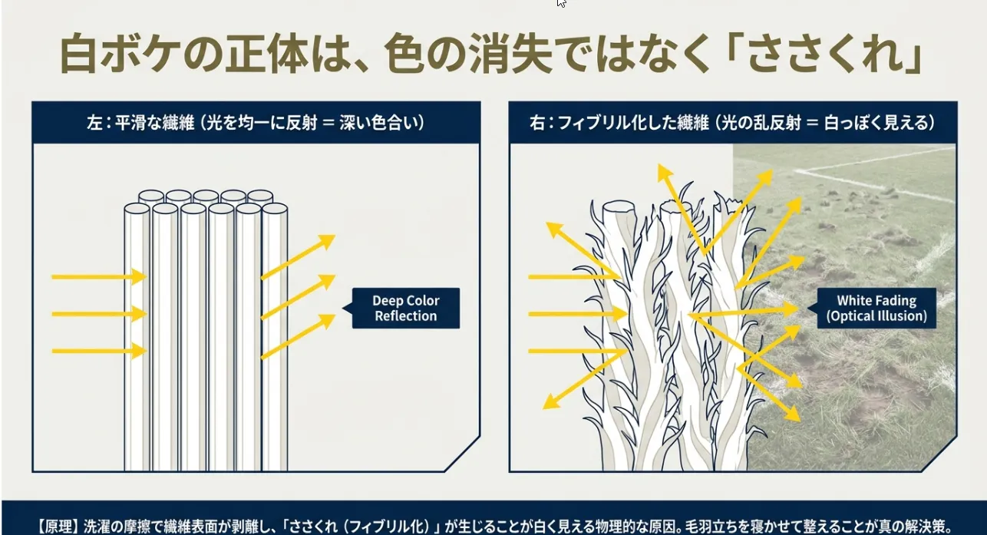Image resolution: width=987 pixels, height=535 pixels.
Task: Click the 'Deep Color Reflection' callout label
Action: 405,308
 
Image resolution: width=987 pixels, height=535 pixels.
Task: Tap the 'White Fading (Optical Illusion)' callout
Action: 876,308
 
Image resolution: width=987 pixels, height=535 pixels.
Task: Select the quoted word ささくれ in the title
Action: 824,54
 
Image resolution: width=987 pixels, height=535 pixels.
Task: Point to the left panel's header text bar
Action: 256,123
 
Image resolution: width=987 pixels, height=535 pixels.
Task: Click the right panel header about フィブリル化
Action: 733,123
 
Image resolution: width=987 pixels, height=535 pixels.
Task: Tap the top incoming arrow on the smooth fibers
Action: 99,277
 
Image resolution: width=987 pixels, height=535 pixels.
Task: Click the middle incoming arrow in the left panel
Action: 99,314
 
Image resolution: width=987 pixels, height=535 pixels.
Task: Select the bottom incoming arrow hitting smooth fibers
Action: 99,351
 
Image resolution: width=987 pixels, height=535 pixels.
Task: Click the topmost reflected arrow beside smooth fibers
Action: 298,257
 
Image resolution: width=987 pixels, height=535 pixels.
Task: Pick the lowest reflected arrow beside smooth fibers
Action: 298,336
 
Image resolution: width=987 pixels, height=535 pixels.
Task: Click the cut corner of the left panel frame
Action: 462,454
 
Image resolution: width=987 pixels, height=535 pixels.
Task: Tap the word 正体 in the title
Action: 266,53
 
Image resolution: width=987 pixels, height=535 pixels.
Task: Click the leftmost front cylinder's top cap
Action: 137,209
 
